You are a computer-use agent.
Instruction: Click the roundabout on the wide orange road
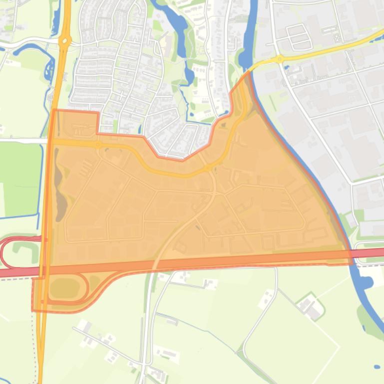click(64, 42)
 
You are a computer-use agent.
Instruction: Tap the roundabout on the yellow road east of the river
click(280, 59)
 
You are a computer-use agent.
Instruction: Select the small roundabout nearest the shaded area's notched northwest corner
click(98, 145)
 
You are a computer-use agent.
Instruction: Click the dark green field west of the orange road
click(20, 180)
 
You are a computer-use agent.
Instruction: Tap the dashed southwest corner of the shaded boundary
click(33, 310)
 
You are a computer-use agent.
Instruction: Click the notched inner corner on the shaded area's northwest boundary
click(98, 133)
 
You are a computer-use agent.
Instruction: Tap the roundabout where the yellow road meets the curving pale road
click(207, 168)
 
